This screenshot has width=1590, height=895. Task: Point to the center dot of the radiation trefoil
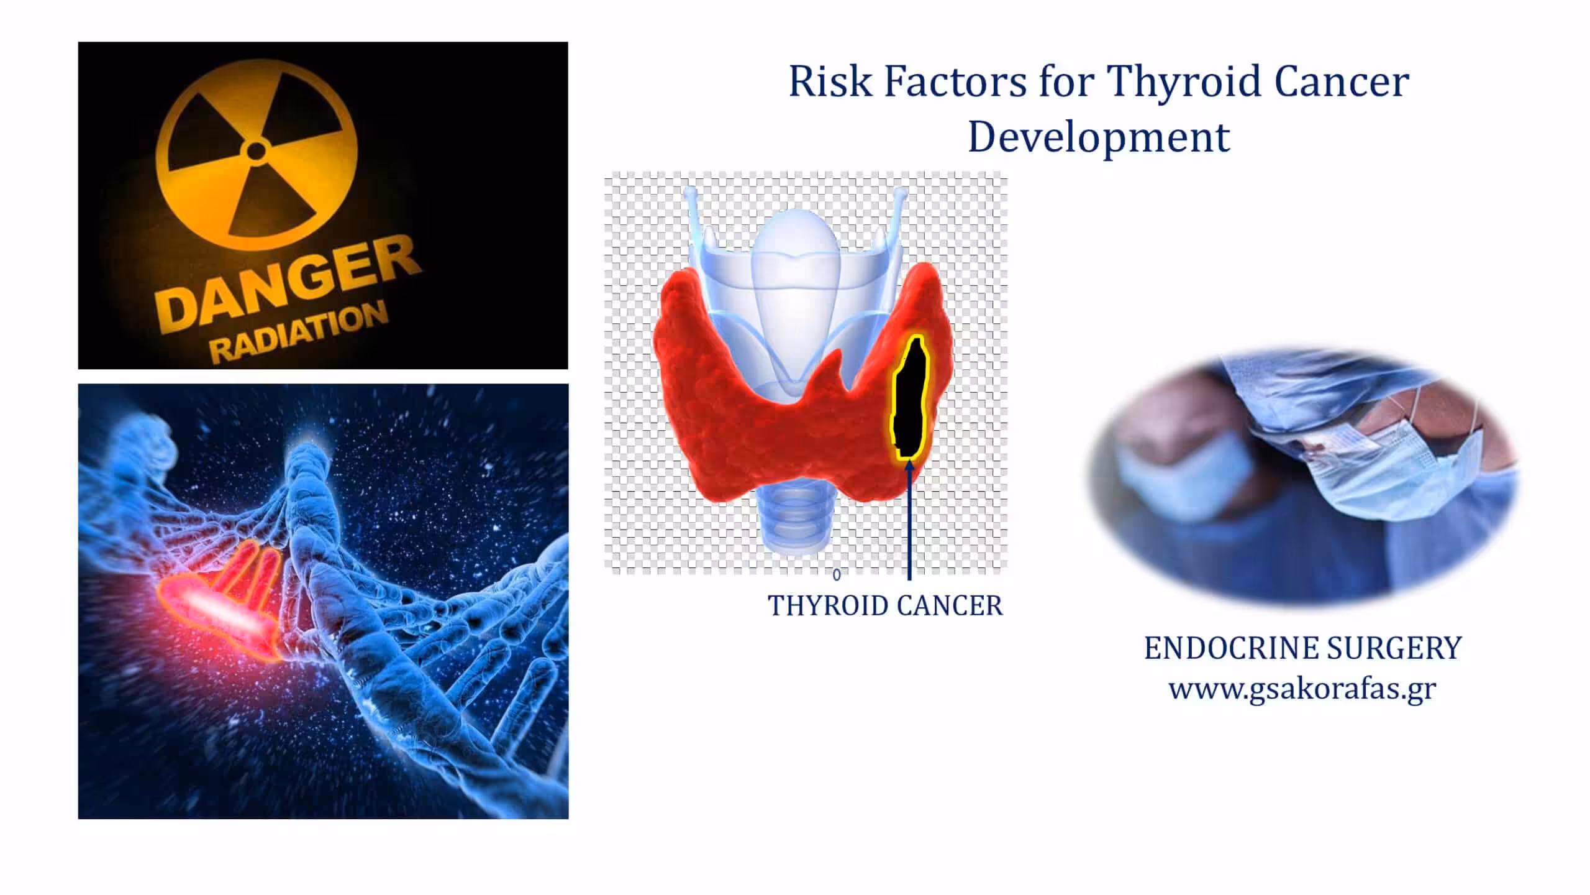coord(256,150)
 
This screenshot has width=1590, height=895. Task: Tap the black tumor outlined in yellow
coord(909,398)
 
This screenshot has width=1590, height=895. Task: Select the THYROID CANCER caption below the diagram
coord(885,606)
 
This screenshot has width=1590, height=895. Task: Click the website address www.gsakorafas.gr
coord(1302,689)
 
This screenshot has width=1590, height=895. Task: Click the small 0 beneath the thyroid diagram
coord(837,575)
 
